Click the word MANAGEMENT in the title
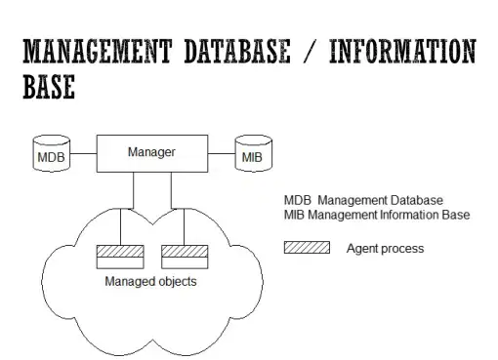pyautogui.click(x=97, y=51)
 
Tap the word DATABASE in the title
pyautogui.click(x=237, y=51)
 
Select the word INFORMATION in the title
pyautogui.click(x=402, y=51)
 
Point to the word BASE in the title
pyautogui.click(x=49, y=86)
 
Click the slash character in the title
pyautogui.click(x=310, y=51)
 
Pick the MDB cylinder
pyautogui.click(x=52, y=153)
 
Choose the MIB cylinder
pyautogui.click(x=254, y=153)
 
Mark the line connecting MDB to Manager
pyautogui.click(x=83, y=153)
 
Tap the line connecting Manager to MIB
pyautogui.click(x=222, y=153)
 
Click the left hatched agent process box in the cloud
pyautogui.click(x=120, y=251)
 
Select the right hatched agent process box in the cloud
pyautogui.click(x=185, y=251)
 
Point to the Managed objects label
pyautogui.click(x=150, y=281)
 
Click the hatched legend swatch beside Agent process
pyautogui.click(x=307, y=248)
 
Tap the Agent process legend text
pyautogui.click(x=385, y=249)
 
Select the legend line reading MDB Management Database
pyautogui.click(x=363, y=200)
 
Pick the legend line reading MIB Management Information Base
pyautogui.click(x=377, y=215)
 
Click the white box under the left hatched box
pyautogui.click(x=120, y=263)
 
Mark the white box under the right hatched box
pyautogui.click(x=185, y=263)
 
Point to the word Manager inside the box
pyautogui.click(x=151, y=152)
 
